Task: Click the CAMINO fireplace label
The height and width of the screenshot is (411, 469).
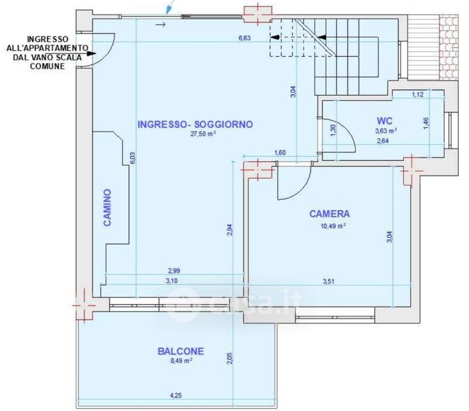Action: click(107, 208)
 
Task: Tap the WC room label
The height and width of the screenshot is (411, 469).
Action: click(385, 121)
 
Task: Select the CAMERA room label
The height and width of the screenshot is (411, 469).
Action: click(329, 214)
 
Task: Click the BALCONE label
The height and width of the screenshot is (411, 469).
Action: click(180, 351)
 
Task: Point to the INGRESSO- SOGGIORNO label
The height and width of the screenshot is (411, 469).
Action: click(195, 124)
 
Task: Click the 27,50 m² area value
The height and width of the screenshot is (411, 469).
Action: click(204, 134)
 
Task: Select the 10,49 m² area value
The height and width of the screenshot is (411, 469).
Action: click(333, 225)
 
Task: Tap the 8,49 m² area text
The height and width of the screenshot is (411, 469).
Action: click(181, 360)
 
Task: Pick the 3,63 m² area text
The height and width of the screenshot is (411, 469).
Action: click(386, 131)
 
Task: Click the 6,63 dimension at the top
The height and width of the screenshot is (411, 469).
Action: click(244, 38)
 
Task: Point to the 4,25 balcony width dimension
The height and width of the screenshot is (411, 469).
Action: click(176, 395)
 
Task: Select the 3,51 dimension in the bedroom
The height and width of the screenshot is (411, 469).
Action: click(328, 281)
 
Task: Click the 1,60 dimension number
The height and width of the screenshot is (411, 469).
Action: click(280, 153)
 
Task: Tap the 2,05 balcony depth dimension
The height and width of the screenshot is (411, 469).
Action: click(230, 358)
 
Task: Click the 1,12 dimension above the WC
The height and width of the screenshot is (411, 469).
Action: click(418, 95)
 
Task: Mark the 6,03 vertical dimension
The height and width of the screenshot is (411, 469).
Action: click(132, 158)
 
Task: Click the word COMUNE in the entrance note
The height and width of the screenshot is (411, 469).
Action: click(47, 66)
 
